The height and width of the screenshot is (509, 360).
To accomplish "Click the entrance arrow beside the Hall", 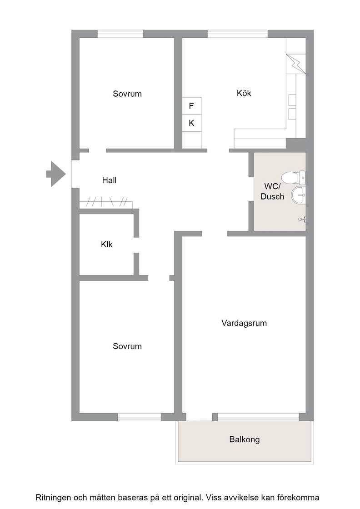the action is (56, 174).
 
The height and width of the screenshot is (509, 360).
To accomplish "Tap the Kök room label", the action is (244, 94).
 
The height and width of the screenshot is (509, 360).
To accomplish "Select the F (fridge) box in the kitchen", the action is (191, 106).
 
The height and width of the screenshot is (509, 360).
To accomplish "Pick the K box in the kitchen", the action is (191, 123).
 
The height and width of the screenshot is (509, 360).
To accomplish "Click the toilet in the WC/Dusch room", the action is (293, 178).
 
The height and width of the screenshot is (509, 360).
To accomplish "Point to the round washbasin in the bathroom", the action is (298, 195).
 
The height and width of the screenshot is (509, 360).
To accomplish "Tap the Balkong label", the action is (245, 439).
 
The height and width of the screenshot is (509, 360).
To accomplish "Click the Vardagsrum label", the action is (244, 323).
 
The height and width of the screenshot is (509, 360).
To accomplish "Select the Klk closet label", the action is (106, 245).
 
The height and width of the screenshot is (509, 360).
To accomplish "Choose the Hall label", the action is (109, 180).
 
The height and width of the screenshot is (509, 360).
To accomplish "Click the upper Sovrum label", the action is (127, 94).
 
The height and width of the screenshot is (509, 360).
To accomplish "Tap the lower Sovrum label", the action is (127, 346).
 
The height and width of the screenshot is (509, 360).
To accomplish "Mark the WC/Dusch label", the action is (272, 191).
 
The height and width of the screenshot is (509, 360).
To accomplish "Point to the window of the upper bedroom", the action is (120, 34).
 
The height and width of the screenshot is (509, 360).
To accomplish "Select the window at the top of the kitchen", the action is (238, 34).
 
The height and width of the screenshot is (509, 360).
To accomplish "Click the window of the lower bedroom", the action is (139, 417).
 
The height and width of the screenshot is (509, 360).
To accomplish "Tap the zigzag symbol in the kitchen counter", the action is (296, 64).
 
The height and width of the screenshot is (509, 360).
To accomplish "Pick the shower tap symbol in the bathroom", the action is (302, 220).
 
